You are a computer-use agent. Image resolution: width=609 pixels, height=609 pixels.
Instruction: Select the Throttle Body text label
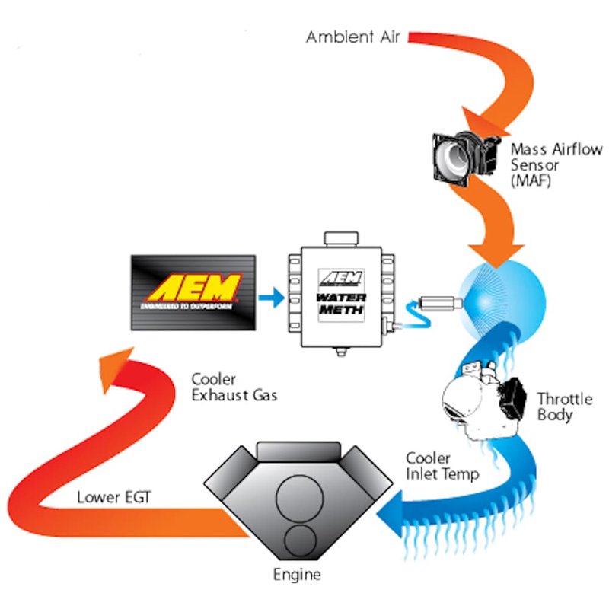[x=561, y=407]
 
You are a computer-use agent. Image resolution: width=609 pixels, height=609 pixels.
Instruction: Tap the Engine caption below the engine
[x=297, y=575]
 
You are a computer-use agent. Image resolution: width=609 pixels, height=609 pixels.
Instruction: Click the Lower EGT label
[x=114, y=499]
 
